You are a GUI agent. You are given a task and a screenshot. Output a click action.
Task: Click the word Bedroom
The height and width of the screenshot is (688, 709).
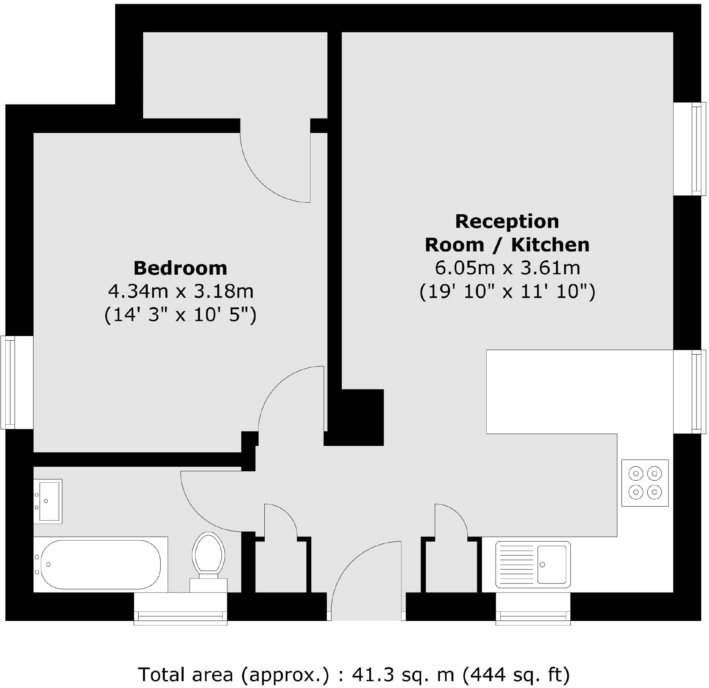click(x=180, y=268)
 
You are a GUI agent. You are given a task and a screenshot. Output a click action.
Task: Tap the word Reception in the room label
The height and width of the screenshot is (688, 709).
click(x=507, y=222)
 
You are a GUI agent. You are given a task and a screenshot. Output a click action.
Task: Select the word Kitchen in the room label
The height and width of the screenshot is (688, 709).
click(x=550, y=245)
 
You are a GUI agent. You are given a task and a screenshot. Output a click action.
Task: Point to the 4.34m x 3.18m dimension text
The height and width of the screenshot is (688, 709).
click(x=181, y=291)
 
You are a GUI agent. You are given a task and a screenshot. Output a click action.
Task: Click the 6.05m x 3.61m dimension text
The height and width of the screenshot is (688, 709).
click(x=507, y=268)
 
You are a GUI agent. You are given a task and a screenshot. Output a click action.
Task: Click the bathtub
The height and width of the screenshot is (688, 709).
click(x=100, y=564)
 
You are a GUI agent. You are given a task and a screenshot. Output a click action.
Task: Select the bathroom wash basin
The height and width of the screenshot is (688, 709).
click(x=47, y=501)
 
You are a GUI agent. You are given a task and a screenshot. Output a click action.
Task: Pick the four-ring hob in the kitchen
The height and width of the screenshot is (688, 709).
click(x=645, y=483)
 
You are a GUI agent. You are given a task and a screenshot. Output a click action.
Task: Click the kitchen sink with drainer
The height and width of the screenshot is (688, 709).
click(x=533, y=564)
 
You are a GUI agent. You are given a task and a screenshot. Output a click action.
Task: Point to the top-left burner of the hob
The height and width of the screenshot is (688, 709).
click(x=636, y=474)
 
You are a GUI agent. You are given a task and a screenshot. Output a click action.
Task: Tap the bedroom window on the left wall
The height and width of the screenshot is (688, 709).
click(x=8, y=383)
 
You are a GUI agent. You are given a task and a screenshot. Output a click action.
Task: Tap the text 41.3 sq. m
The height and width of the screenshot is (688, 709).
click(x=403, y=675)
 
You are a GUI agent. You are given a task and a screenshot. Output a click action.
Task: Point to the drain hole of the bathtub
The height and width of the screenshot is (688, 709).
click(x=48, y=564)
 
